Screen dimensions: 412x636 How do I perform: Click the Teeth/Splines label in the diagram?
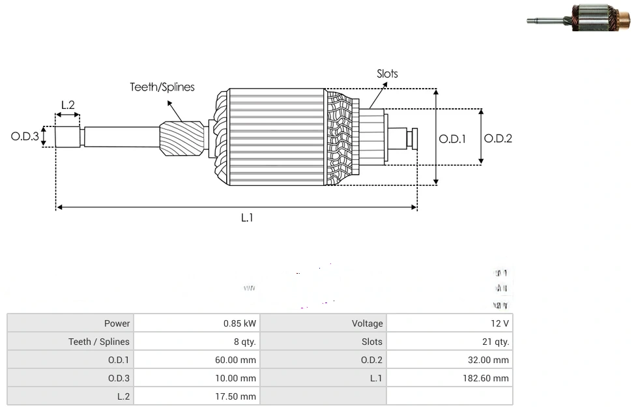click(x=162, y=87)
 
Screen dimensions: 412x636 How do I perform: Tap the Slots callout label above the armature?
click(x=387, y=74)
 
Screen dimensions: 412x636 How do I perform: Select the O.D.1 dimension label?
click(x=452, y=139)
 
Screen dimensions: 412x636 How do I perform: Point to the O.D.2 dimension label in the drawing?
click(x=498, y=138)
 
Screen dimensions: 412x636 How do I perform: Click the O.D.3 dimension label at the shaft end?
click(x=25, y=137)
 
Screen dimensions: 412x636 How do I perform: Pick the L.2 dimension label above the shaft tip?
click(x=68, y=104)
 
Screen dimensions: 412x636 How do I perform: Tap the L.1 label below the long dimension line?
click(x=246, y=218)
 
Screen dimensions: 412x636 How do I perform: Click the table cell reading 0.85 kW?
click(x=240, y=323)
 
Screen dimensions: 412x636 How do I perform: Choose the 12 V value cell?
click(x=500, y=323)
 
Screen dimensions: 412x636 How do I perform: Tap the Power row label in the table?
click(x=117, y=323)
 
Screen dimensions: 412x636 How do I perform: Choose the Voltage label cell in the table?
click(x=368, y=323)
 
